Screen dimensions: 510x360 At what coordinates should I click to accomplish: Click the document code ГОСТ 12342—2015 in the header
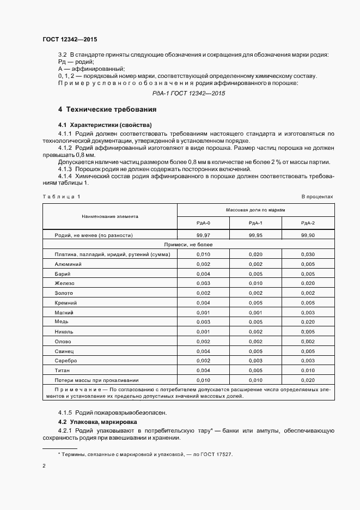point(69,39)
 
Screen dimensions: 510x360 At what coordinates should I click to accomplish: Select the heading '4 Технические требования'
point(104,109)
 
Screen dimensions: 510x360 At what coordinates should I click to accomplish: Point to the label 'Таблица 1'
point(61,196)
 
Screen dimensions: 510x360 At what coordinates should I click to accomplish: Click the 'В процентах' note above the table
point(317,196)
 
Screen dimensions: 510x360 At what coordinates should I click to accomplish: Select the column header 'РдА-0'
point(203,222)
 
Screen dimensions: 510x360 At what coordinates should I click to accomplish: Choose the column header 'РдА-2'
point(308,222)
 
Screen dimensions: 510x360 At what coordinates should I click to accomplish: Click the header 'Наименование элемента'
point(109,216)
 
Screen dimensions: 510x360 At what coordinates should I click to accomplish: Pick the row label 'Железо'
point(63,283)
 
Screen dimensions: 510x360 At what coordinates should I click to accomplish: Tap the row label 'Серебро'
point(66,361)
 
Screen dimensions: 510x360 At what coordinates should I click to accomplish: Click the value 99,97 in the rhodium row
point(203,235)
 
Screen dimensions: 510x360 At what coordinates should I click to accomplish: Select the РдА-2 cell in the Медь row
point(308,322)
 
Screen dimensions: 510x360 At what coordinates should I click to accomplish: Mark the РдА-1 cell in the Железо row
point(255,283)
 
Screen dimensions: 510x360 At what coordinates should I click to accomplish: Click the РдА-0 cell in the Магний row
point(203,312)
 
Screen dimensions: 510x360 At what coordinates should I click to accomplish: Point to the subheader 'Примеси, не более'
point(188,245)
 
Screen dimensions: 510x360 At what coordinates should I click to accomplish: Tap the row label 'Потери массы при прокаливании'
point(96,380)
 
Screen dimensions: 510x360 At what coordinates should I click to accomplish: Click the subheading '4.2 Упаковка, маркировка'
point(97,422)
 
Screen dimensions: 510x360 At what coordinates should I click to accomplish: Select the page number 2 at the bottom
point(44,466)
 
